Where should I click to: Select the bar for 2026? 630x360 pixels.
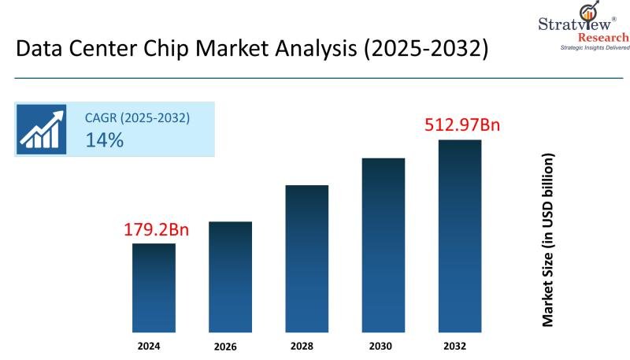click(x=230, y=276)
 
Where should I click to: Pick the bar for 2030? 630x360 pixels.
click(x=383, y=243)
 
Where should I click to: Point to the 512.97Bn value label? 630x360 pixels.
click(x=462, y=124)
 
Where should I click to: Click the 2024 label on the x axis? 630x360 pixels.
click(x=154, y=345)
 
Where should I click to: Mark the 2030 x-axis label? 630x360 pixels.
click(x=383, y=345)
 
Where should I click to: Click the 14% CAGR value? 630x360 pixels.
click(x=104, y=140)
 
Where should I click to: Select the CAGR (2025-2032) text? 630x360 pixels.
click(x=137, y=118)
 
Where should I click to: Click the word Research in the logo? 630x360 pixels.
click(x=603, y=37)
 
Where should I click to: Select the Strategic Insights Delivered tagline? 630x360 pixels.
click(x=595, y=48)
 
